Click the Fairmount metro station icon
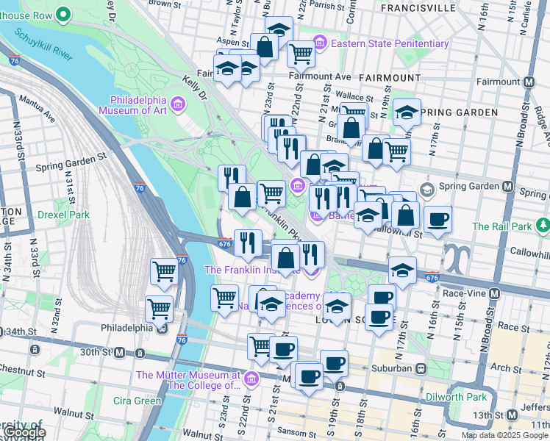pyautogui.click(x=528, y=82)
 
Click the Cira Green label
pyautogui.click(x=137, y=401)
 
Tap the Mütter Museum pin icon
pyautogui.click(x=251, y=379)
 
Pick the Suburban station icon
pyautogui.click(x=421, y=367)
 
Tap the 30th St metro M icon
pyautogui.click(x=119, y=353)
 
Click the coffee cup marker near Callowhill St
pyautogui.click(x=438, y=220)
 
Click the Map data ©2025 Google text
pyautogui.click(x=504, y=435)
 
